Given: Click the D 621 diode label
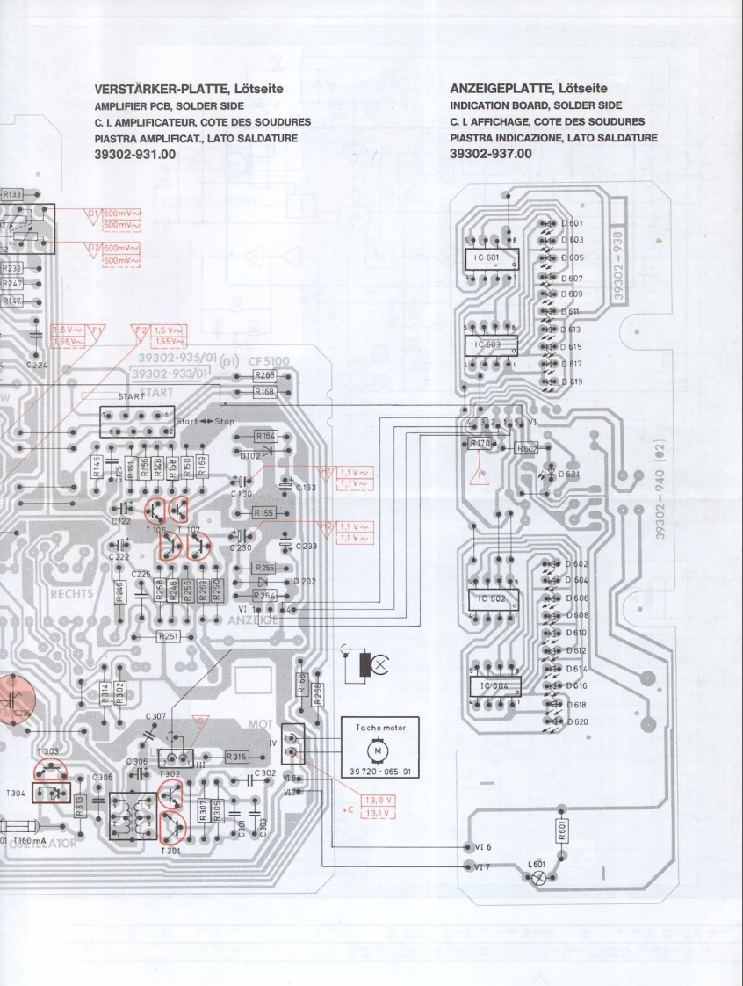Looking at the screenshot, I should coord(569,475).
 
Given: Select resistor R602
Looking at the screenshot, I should coord(527,448).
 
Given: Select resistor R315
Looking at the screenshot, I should coord(237,756).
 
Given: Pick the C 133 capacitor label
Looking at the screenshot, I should coord(306,487).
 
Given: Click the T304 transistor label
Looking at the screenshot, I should coord(14,792).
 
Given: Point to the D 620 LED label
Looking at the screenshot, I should coord(576,721).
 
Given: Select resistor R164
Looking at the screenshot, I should coord(265,436).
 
